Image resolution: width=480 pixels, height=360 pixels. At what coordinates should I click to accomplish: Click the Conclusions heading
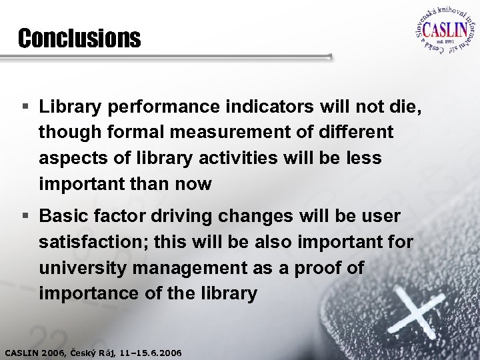(x=79, y=39)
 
